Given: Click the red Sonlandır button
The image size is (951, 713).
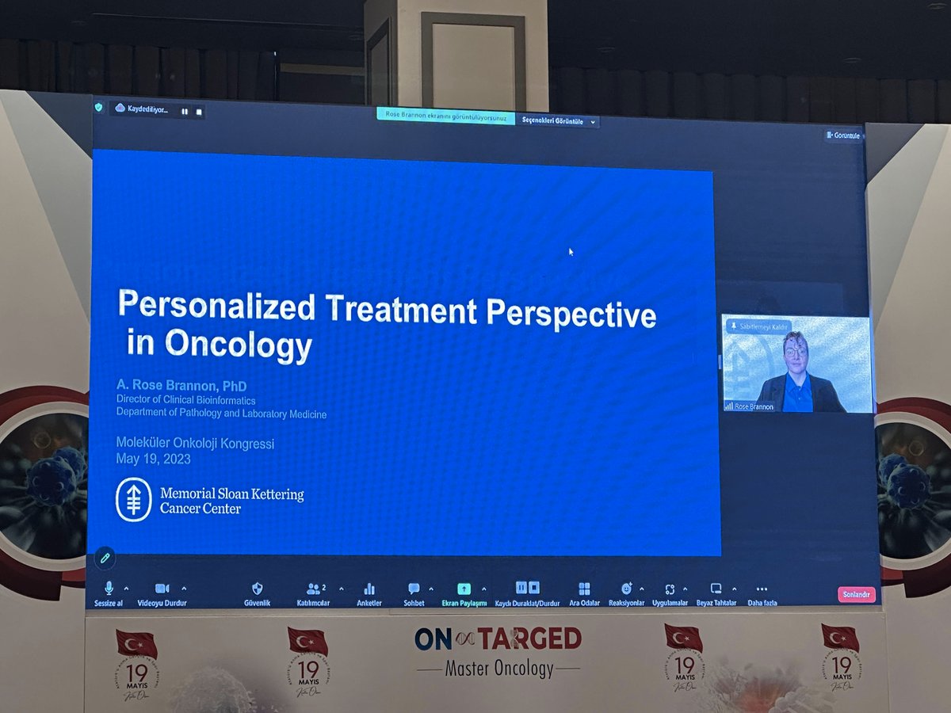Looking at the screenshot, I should click(x=856, y=594).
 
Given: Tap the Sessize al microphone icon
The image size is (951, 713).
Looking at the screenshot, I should click(x=109, y=588).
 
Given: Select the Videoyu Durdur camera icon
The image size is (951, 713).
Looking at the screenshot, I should click(x=162, y=589).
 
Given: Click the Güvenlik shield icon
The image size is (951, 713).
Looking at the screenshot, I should click(x=257, y=589).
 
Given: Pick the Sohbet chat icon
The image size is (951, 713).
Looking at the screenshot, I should click(x=414, y=589).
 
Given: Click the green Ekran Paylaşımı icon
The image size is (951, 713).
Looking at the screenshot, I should click(x=464, y=589).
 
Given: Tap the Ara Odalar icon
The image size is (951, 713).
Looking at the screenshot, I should click(x=584, y=589).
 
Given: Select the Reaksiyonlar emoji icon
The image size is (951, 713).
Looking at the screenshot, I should click(x=626, y=589).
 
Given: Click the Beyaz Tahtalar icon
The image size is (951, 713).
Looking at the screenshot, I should click(x=716, y=589).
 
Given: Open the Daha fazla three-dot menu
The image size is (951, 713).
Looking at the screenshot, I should click(x=762, y=589).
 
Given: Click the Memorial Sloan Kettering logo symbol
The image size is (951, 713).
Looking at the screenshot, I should click(x=133, y=500).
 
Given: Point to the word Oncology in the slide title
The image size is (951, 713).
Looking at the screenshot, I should click(x=238, y=345).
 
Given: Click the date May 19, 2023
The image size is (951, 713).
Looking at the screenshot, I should click(x=153, y=459).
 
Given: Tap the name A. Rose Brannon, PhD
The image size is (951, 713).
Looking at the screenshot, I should click(x=181, y=387).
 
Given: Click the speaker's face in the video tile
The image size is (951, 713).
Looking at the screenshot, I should click(x=795, y=349).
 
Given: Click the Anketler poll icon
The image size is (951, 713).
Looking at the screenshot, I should click(x=369, y=589).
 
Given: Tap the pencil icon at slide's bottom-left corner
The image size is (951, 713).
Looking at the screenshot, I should click(x=104, y=558).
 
